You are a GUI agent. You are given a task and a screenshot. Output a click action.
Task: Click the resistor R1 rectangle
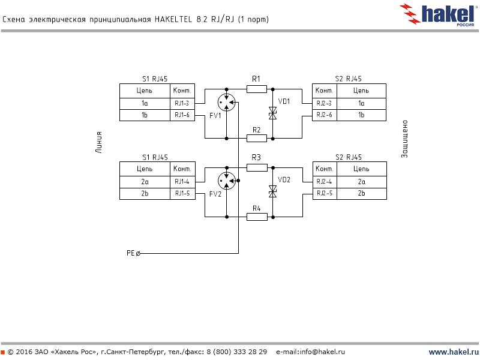click(x=257, y=89)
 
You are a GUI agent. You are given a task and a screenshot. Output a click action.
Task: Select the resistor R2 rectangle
click(x=257, y=139)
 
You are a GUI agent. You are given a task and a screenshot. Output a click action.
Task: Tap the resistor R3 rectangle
click(x=257, y=168)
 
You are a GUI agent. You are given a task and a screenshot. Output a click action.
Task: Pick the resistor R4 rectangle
click(x=257, y=217)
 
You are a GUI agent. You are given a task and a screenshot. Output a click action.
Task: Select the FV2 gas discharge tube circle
click(x=227, y=178)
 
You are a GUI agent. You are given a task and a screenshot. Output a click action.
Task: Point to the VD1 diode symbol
click(x=272, y=113)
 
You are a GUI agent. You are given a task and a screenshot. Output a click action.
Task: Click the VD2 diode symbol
click(x=272, y=191)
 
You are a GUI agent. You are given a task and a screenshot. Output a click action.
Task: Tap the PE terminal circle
click(x=139, y=254)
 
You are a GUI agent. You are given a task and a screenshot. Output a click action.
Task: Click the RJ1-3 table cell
click(x=182, y=103)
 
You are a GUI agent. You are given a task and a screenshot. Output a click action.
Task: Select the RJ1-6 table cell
click(x=182, y=115)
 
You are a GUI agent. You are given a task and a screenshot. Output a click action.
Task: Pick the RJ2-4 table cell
click(x=325, y=181)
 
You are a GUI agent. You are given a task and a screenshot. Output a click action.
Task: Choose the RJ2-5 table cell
click(x=325, y=193)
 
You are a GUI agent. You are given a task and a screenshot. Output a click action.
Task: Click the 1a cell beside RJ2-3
click(x=361, y=103)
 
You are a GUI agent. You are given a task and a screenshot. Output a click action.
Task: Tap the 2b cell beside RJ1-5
click(x=145, y=193)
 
